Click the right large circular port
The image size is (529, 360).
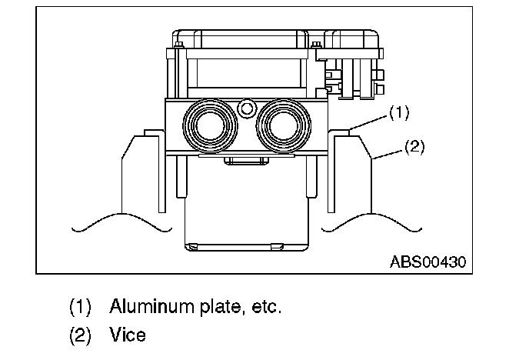pos(282,124)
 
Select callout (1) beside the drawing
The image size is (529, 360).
pos(398,112)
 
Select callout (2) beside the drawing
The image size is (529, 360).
pos(413,145)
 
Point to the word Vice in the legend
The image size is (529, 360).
pos(127,335)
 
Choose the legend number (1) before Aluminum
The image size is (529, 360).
pos(80,307)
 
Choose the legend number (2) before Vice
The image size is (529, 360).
pos(80,335)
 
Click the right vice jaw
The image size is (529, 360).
pos(351,177)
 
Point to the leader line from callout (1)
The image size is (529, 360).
pos(371,120)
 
